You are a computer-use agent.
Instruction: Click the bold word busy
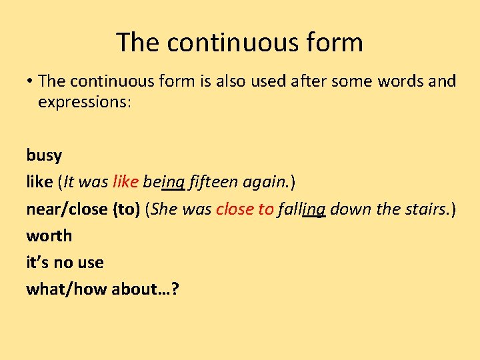[44, 156]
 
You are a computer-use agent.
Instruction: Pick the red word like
[126, 182]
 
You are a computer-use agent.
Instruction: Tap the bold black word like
[39, 182]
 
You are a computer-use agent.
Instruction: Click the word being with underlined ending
[165, 183]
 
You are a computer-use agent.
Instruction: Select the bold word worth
[49, 235]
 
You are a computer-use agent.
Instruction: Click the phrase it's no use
[65, 262]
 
